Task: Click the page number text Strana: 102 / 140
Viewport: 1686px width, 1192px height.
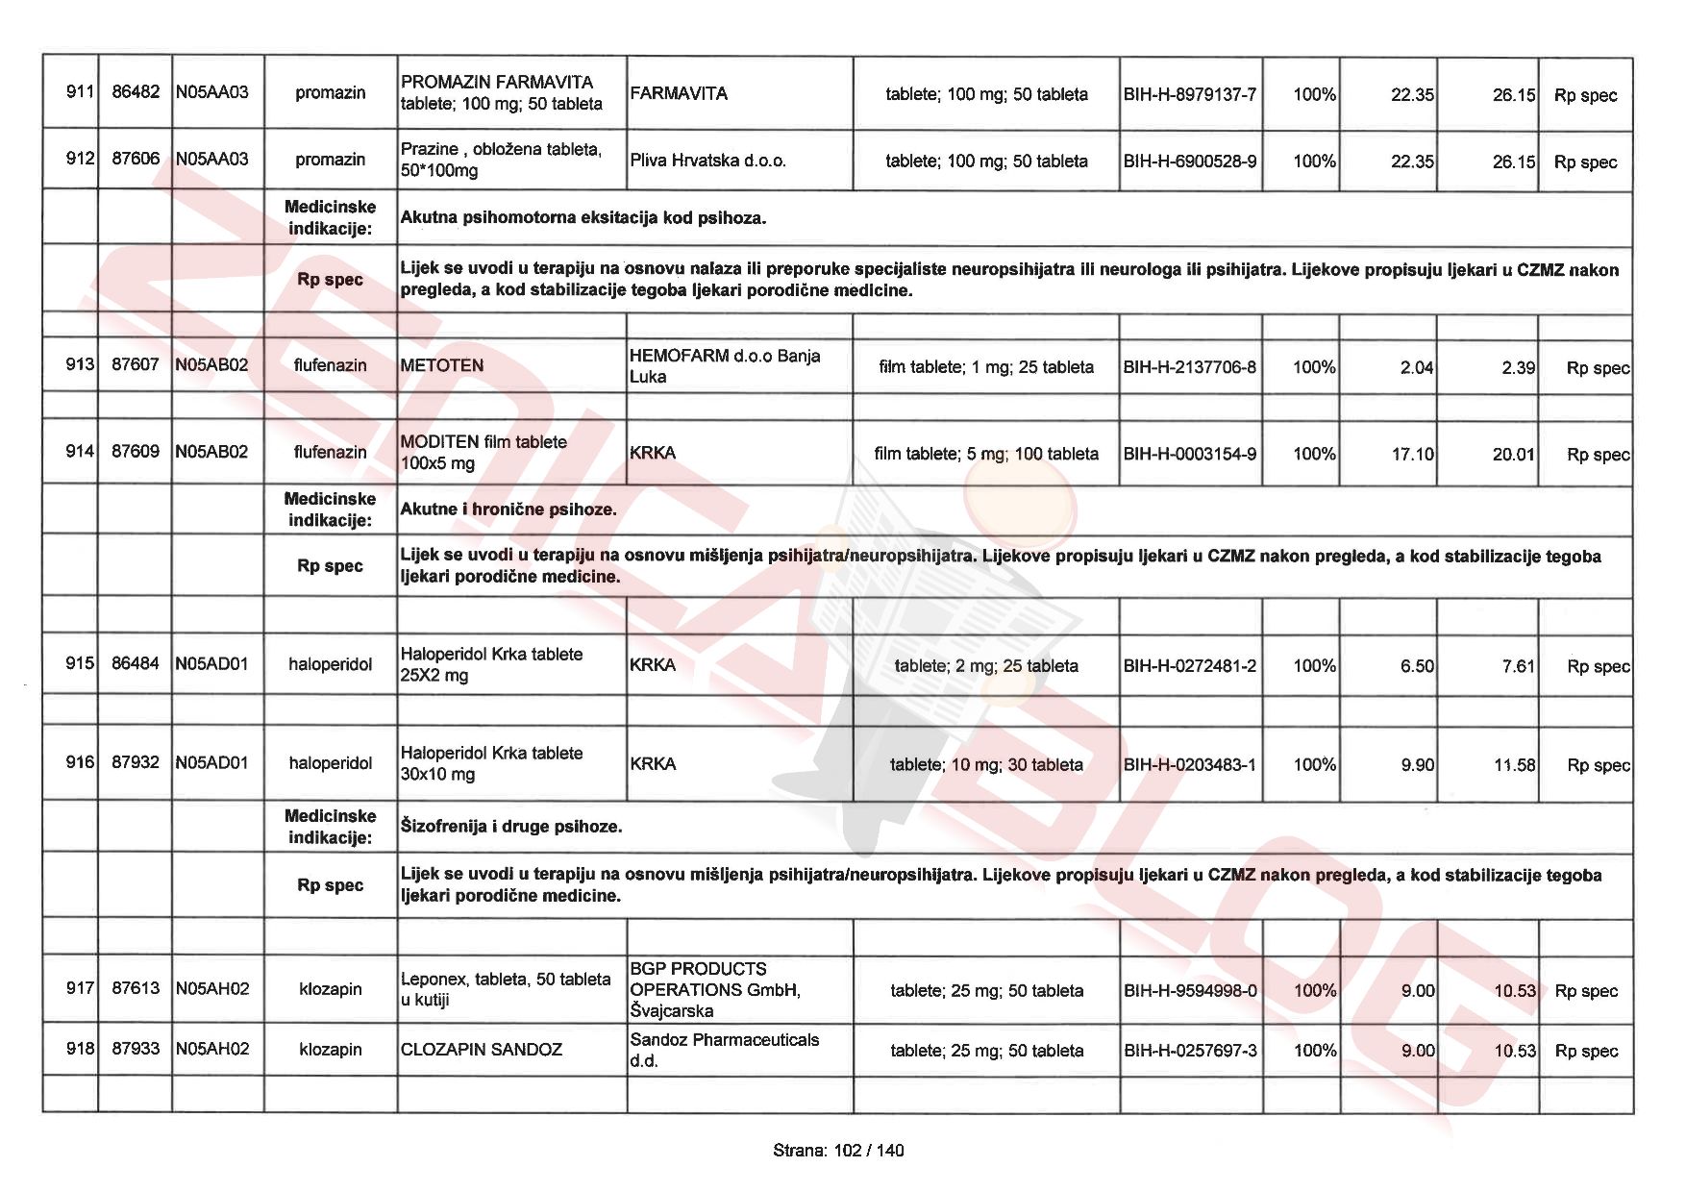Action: coord(838,1151)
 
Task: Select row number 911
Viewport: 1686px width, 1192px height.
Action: coord(79,92)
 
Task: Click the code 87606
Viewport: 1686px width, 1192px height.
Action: coord(136,159)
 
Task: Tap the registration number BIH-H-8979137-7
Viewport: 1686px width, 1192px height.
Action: coord(1190,94)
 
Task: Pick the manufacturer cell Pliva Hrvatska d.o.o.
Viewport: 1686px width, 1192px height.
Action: coord(708,161)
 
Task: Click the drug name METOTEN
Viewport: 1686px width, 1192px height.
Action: coord(442,365)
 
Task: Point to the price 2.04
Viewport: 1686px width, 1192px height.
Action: coord(1416,367)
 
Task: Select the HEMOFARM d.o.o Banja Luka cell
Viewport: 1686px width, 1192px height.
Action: coord(725,365)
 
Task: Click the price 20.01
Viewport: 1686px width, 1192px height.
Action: coord(1513,454)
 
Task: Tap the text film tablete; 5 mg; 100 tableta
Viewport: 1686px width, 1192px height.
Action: coord(986,453)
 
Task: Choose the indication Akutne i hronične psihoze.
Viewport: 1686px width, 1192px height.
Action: coord(508,509)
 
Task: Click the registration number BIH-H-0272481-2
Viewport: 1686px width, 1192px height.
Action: coord(1190,665)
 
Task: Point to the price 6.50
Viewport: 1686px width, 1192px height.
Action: coord(1417,665)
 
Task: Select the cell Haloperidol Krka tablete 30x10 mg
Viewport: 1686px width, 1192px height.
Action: coord(491,763)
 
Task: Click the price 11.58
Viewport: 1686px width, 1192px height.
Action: coord(1514,765)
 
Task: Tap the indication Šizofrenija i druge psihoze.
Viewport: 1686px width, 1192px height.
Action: coord(511,826)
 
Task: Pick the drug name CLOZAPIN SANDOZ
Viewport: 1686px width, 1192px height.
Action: coord(482,1049)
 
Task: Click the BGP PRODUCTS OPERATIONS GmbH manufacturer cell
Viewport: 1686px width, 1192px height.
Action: coord(715,989)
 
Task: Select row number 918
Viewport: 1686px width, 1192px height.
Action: coord(79,1048)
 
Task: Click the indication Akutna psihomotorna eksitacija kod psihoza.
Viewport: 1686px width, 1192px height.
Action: coord(583,218)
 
